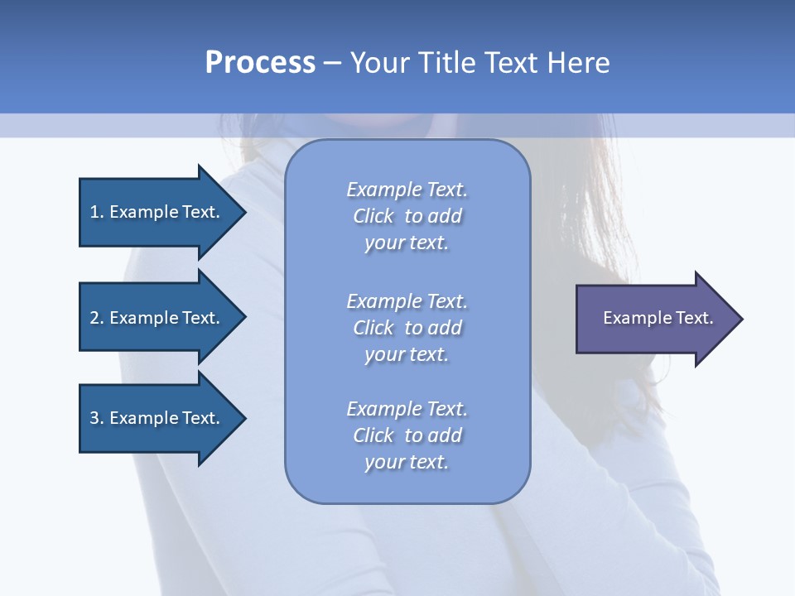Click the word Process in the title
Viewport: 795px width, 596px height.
click(260, 63)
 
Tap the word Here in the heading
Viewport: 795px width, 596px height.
click(579, 63)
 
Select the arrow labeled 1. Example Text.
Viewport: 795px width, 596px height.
click(157, 212)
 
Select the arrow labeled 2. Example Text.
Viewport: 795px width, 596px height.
click(157, 318)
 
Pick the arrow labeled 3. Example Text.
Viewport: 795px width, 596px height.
click(157, 418)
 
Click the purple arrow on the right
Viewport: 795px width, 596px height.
click(654, 319)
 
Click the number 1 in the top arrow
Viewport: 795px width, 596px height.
click(94, 212)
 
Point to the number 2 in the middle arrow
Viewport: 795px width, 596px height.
click(94, 318)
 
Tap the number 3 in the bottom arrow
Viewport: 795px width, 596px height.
click(94, 418)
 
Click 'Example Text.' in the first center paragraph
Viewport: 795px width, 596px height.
click(407, 190)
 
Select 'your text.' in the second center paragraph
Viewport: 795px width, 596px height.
click(407, 354)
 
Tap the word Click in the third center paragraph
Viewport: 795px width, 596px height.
click(373, 435)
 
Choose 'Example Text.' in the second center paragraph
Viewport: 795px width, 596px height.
click(407, 301)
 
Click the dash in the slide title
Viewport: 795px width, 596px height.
click(333, 63)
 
